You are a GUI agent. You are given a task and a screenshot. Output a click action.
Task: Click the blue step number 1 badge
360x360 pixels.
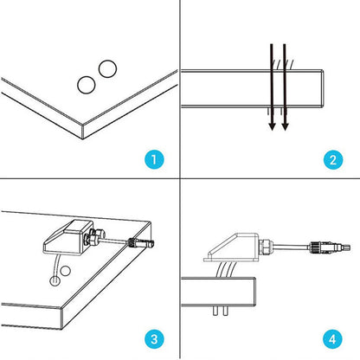152,159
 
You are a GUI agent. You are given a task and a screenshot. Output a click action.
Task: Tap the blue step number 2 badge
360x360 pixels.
332,159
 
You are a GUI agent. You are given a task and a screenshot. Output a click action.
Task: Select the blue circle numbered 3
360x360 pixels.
152,339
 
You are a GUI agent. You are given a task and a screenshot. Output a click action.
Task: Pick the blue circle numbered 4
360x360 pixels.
332,339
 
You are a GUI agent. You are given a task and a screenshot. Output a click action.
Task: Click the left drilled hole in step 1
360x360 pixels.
87,84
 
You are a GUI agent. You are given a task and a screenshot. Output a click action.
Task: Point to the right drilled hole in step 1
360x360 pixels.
106,67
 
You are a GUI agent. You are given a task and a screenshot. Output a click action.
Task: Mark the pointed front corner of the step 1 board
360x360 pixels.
80,127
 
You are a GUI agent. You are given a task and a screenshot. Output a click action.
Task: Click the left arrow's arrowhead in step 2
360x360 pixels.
273,125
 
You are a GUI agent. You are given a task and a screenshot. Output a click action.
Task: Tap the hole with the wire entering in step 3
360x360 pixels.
55,280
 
